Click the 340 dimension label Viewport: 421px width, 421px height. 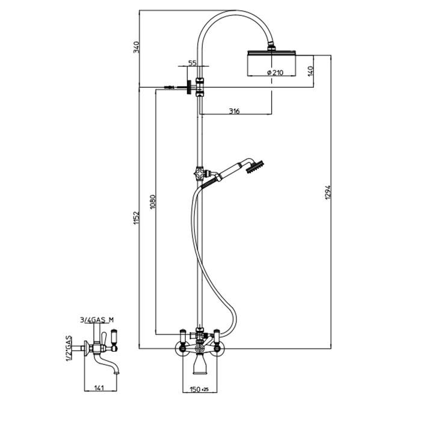point(136,47)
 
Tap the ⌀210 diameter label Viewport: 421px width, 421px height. point(274,72)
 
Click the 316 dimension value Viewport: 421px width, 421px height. point(235,111)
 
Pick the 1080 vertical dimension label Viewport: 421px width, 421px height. point(152,200)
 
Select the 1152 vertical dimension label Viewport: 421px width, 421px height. point(136,218)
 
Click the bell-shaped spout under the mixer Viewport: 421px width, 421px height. point(199,364)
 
